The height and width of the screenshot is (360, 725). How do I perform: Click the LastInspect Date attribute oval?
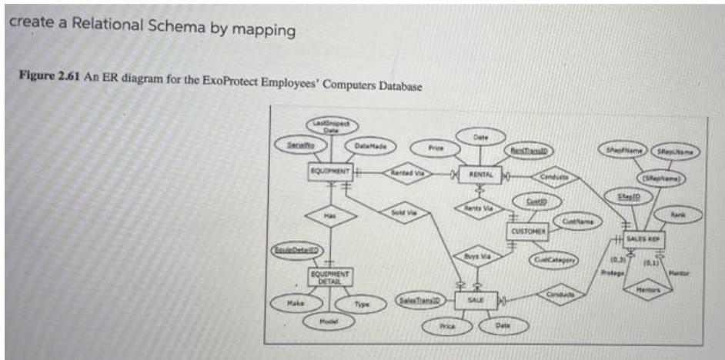click(330, 126)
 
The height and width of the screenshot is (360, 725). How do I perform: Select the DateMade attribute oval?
click(371, 145)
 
